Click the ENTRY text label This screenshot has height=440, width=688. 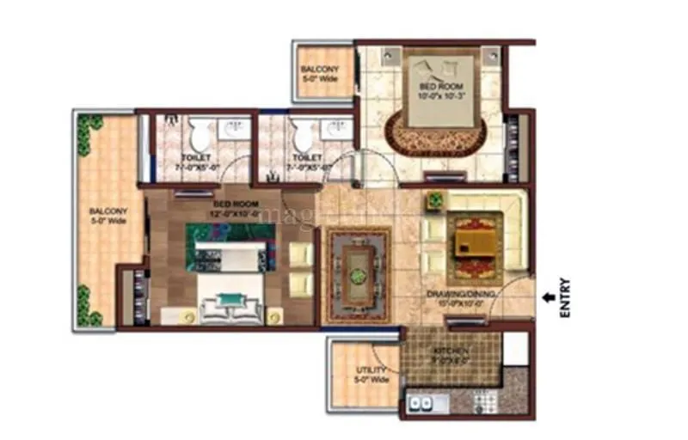[x=564, y=297]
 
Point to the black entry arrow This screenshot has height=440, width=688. [x=546, y=297]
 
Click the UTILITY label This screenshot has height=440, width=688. [x=372, y=374]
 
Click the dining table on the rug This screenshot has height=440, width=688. [x=356, y=270]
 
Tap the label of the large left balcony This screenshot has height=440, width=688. [x=109, y=216]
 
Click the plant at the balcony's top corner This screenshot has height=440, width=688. [x=84, y=133]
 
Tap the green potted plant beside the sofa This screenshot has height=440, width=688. [x=433, y=203]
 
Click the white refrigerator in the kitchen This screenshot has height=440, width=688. [x=515, y=348]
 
